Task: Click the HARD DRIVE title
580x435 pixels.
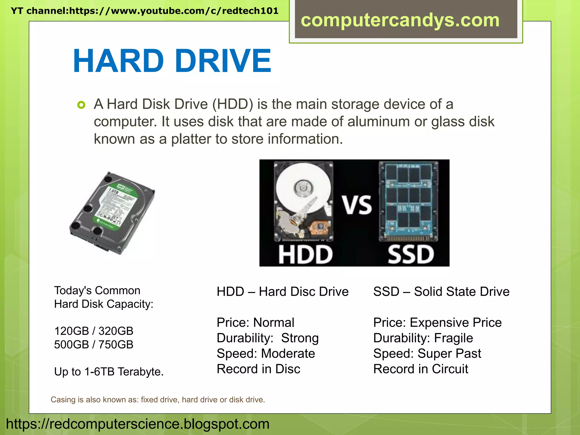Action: pos(172,61)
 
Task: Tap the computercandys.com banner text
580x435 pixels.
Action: pos(400,20)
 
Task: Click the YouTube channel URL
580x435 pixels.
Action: pos(144,11)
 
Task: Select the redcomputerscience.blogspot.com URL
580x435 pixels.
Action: pos(138,424)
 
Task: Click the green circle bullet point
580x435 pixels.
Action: pos(81,105)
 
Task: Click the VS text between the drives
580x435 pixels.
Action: pos(357,205)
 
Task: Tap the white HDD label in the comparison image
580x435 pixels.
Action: pos(305,255)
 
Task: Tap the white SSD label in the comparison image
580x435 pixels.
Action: pos(411,255)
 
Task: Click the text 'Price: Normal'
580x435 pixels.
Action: pos(255,323)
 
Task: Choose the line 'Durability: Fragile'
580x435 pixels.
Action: pos(423,338)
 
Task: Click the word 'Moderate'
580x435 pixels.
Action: pos(288,353)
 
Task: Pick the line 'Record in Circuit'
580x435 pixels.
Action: pos(421,369)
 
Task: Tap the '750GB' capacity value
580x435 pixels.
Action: pos(116,345)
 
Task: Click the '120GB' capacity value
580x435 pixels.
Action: pos(71,331)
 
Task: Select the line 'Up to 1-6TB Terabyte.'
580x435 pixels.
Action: pos(109,372)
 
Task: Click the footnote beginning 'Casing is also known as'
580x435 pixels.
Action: pos(158,400)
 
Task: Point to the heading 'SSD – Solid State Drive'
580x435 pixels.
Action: pos(441,292)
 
